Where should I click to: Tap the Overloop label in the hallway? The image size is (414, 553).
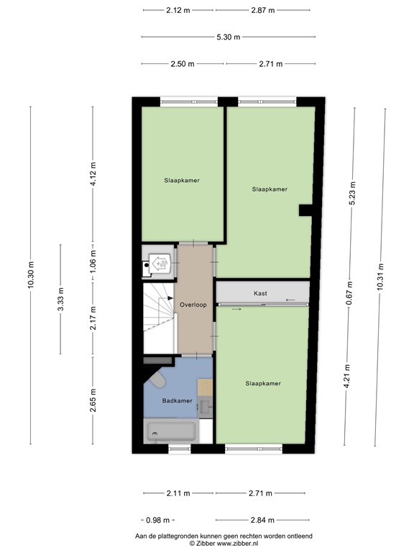point(194,305)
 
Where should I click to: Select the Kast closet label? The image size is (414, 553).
point(260,294)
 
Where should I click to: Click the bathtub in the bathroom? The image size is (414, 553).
point(170,432)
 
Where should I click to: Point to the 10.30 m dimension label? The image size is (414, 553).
point(30,274)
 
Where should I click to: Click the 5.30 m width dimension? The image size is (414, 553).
point(228,37)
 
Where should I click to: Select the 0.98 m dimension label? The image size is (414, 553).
point(157,520)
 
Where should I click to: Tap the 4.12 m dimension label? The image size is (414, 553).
point(93,175)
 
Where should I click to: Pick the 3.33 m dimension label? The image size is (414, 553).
point(61,299)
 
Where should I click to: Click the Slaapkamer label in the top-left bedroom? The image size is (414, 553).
point(181,180)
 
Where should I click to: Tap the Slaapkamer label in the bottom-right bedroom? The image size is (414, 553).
point(262,383)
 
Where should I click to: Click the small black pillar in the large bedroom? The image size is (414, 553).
point(305,210)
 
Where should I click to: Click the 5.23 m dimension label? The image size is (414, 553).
point(352,192)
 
